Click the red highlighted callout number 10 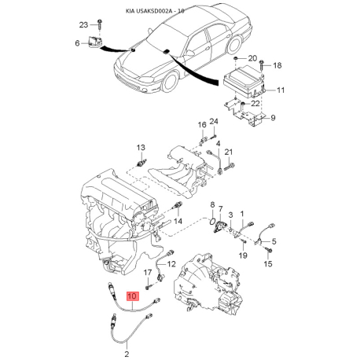(x=132, y=296)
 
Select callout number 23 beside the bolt (x=84, y=25)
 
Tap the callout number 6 (x=77, y=43)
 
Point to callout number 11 (x=281, y=90)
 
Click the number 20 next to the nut (x=252, y=58)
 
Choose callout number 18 (x=277, y=65)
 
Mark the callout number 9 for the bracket (x=273, y=118)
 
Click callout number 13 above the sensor (x=141, y=148)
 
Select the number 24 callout (x=214, y=122)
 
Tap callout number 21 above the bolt (x=229, y=152)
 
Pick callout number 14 (x=178, y=221)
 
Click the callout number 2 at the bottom (x=127, y=354)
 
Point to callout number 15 (x=268, y=263)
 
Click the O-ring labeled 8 (x=212, y=221)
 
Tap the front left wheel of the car (x=171, y=81)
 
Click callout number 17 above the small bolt (x=148, y=273)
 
